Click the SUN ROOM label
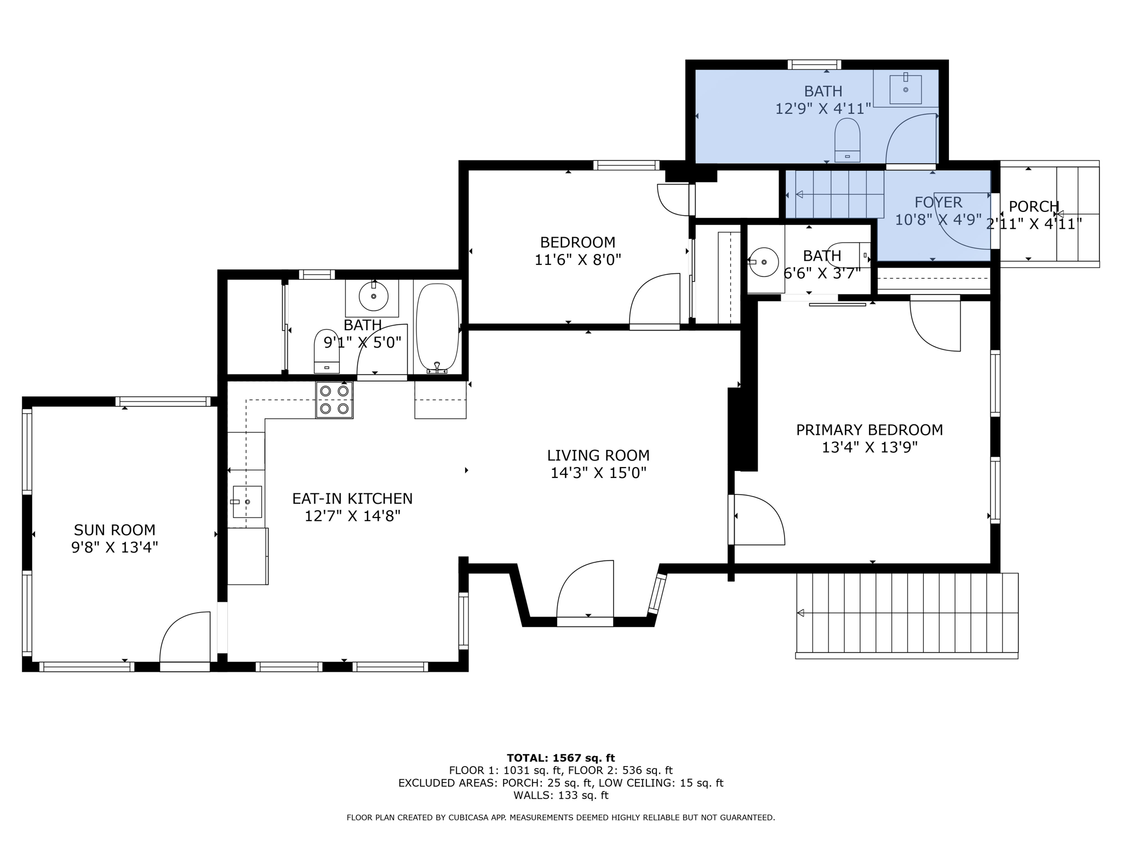click(x=115, y=529)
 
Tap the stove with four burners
click(x=334, y=400)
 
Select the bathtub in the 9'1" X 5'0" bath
click(x=437, y=327)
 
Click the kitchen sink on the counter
click(x=247, y=502)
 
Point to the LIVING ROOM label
click(x=598, y=455)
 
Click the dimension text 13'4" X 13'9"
click(x=869, y=447)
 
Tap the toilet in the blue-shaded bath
click(x=847, y=140)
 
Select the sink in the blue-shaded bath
click(x=905, y=89)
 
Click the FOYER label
click(x=938, y=202)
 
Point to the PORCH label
click(x=1034, y=206)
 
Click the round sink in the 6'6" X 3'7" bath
click(x=764, y=262)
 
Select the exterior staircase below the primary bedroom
click(x=907, y=613)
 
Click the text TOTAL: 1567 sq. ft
click(x=560, y=758)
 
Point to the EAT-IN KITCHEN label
click(x=352, y=498)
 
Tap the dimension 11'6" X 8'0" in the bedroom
click(x=577, y=260)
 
